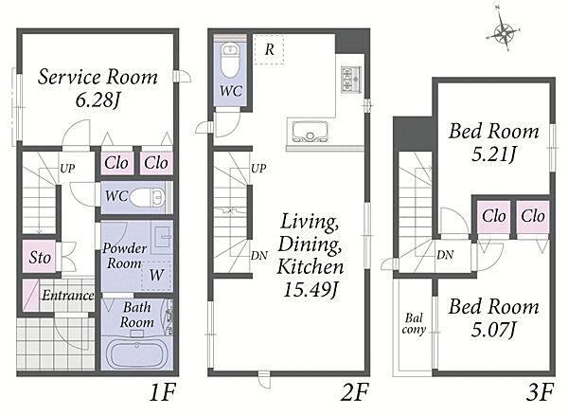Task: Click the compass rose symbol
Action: (504, 32)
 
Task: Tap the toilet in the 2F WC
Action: (230, 61)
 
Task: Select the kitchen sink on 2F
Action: (311, 131)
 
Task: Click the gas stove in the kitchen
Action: (351, 80)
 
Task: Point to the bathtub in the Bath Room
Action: (136, 353)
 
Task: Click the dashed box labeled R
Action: (269, 49)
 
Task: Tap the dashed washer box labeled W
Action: (156, 275)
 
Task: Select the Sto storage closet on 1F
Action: (40, 257)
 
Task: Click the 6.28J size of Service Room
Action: (98, 100)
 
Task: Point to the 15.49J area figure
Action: (311, 290)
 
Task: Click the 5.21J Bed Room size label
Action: (494, 155)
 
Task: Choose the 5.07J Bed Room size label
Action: (493, 331)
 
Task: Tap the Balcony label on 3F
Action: (414, 324)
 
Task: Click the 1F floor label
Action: (163, 393)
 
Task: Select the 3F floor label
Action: (540, 393)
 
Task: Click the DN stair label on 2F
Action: (259, 256)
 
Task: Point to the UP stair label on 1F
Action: (67, 168)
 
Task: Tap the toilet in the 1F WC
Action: (147, 197)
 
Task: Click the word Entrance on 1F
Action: (68, 296)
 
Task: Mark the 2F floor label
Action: (354, 393)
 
